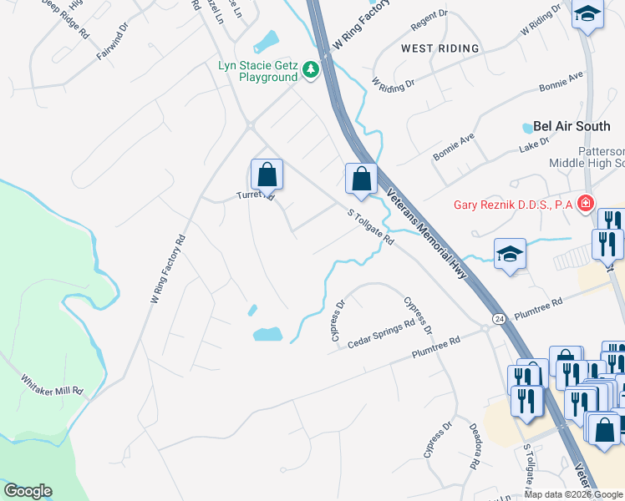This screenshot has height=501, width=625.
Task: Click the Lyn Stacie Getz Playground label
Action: click(x=257, y=71)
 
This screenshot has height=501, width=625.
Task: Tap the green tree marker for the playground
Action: click(x=311, y=68)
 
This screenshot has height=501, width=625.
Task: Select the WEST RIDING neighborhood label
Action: click(x=440, y=48)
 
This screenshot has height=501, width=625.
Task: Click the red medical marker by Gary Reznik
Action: click(x=586, y=203)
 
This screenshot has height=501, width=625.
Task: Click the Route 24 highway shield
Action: click(x=499, y=319)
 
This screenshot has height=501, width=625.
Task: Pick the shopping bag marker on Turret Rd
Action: click(x=267, y=175)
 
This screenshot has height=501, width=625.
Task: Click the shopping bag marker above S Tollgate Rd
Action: click(x=361, y=178)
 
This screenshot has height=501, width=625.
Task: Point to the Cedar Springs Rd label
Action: click(x=382, y=334)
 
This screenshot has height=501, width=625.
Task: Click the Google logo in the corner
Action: click(x=28, y=491)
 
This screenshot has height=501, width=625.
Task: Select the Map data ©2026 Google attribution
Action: click(x=573, y=494)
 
